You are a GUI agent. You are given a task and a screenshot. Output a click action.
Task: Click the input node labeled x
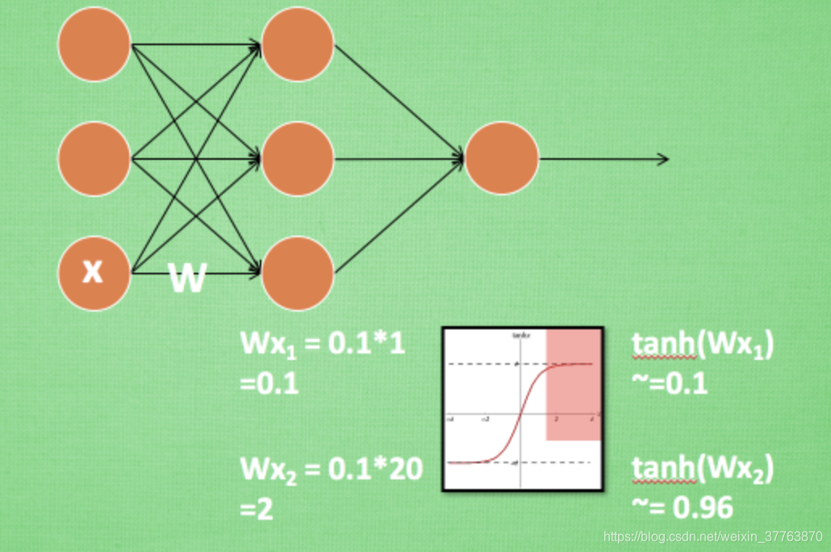[94, 273]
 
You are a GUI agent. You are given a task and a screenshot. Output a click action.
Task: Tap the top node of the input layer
[94, 44]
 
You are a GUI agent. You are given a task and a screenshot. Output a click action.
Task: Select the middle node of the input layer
[94, 158]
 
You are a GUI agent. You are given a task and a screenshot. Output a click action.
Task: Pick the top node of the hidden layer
[297, 44]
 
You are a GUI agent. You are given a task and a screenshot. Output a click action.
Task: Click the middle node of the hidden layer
[297, 158]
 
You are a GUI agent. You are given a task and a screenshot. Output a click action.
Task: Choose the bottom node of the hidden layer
[297, 273]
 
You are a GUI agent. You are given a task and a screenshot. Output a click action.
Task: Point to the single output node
[501, 158]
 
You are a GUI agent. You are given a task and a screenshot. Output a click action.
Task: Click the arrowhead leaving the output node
[662, 159]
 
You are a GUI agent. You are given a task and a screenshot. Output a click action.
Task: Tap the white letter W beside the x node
[187, 279]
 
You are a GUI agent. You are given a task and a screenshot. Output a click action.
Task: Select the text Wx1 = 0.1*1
[322, 345]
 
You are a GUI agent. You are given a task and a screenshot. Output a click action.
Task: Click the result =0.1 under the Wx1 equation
[269, 383]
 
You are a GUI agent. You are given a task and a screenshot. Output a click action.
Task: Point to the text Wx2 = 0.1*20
[331, 470]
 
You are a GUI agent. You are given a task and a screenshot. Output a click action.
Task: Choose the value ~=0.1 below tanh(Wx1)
[670, 383]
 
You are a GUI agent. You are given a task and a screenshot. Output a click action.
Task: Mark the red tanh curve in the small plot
[521, 412]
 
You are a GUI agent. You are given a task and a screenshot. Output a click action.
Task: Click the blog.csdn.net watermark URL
[713, 537]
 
